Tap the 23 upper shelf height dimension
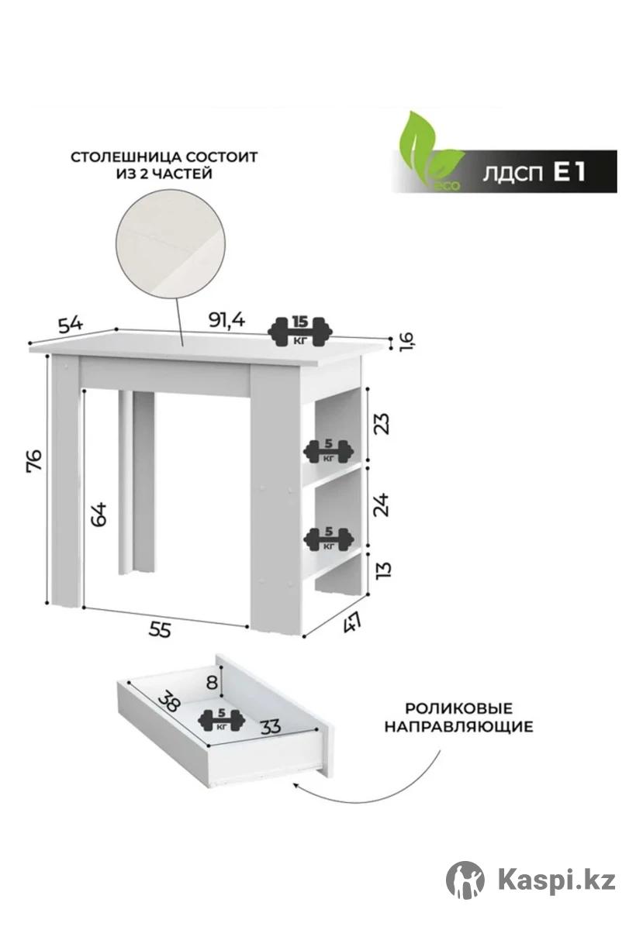(x=382, y=423)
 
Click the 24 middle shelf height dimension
(x=382, y=505)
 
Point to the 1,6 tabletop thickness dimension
(x=406, y=342)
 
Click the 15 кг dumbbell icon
(x=299, y=332)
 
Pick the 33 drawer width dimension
(x=271, y=726)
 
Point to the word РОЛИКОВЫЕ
(x=459, y=708)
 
